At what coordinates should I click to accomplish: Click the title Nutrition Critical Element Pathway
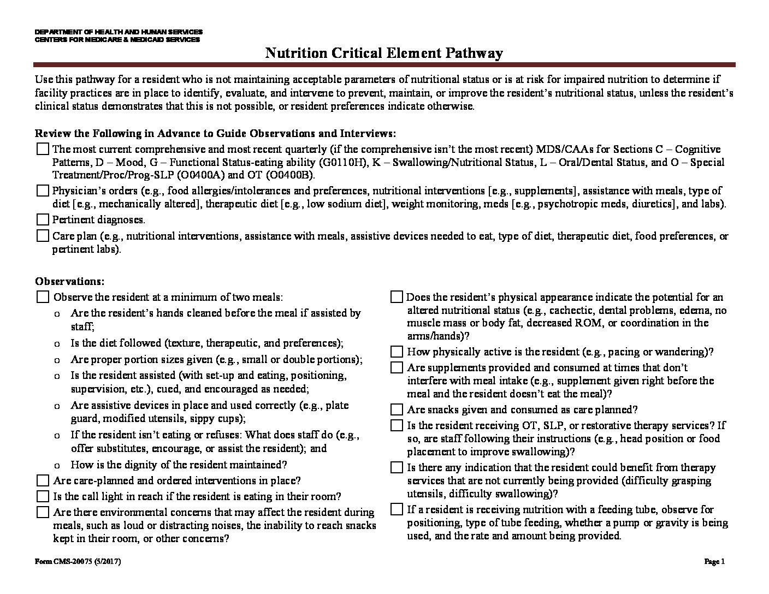tap(384, 53)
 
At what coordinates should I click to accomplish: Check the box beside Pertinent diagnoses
tap(43, 220)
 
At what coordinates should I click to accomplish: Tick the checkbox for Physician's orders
tap(43, 191)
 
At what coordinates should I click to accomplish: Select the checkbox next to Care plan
tap(43, 236)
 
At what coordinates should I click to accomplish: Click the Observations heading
tap(69, 282)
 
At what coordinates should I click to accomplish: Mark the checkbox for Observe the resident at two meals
tap(43, 298)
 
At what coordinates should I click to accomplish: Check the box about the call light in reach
tap(43, 497)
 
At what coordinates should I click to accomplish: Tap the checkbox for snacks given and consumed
tap(397, 410)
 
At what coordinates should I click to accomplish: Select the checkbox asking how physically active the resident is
tap(397, 352)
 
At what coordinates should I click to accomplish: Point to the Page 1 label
tap(714, 562)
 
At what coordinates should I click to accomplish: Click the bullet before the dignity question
tap(57, 466)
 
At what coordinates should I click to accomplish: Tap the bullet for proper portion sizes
tap(57, 360)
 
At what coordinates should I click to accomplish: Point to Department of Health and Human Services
tap(119, 32)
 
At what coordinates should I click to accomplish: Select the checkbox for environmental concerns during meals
tap(43, 513)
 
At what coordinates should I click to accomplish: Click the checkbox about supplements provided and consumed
tap(397, 368)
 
